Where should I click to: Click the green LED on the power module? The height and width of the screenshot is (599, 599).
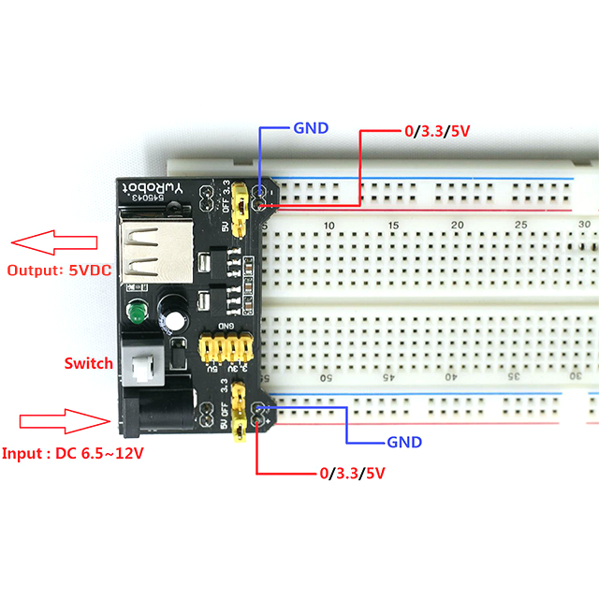click(137, 314)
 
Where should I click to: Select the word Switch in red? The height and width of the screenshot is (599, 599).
click(89, 363)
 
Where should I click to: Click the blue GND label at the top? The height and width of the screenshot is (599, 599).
click(311, 128)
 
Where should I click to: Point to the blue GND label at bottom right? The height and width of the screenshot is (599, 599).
click(404, 443)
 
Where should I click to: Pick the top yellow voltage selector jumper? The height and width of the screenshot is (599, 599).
click(241, 211)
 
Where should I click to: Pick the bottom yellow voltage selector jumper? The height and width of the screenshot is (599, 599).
click(241, 413)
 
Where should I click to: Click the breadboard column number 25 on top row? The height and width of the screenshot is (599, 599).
click(521, 226)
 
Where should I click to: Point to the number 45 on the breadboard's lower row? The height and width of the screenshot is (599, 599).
click(389, 377)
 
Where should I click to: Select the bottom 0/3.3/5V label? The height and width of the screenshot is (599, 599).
click(353, 473)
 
